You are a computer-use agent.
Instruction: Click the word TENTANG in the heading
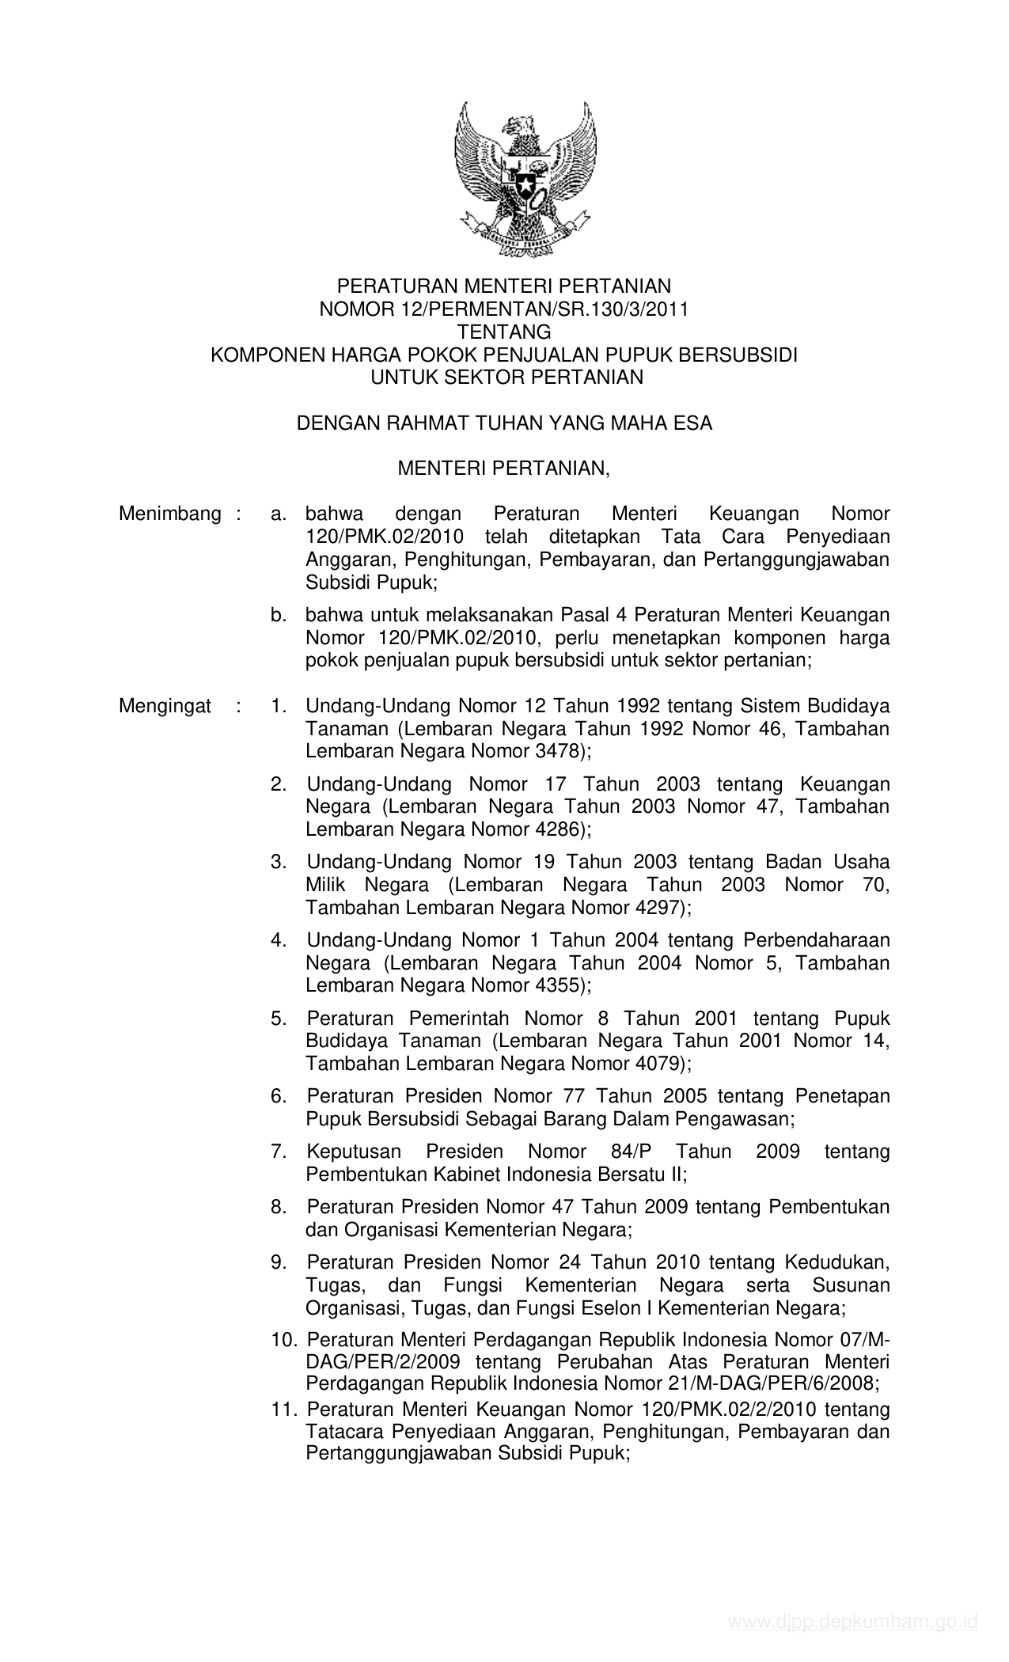[x=504, y=332]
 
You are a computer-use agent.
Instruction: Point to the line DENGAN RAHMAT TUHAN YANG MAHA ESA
[x=504, y=423]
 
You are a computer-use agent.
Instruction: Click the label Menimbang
[x=170, y=514]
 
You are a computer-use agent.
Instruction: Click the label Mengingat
[x=165, y=705]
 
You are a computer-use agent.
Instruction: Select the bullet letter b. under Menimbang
[x=278, y=615]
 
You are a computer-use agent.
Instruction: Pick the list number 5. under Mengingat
[x=278, y=1018]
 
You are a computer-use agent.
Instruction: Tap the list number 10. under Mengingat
[x=283, y=1339]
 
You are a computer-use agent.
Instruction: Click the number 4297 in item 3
[x=660, y=908]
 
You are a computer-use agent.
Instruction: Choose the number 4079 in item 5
[x=660, y=1064]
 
